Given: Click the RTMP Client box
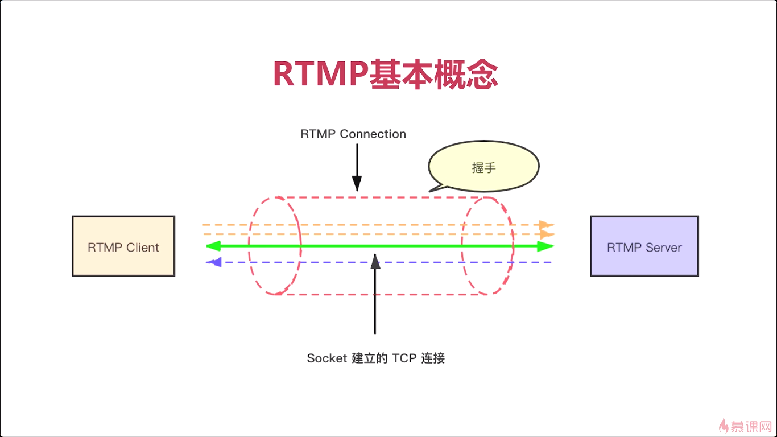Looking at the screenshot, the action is [x=123, y=246].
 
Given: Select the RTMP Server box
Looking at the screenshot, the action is [x=644, y=246].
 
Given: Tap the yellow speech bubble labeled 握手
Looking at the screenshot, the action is [x=483, y=167].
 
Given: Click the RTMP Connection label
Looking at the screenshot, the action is [x=353, y=134].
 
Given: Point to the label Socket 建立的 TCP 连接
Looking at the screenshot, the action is [x=375, y=358].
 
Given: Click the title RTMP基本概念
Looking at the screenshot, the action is [x=386, y=74].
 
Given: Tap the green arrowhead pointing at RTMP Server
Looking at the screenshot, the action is [x=545, y=246].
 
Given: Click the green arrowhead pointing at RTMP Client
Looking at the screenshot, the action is [x=214, y=246].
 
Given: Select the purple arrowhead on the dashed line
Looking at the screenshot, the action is [x=214, y=262].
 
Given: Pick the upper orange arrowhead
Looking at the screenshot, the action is [x=547, y=225].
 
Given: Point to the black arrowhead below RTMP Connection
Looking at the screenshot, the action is [x=357, y=183].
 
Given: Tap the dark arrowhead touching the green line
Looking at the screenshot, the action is [x=375, y=261].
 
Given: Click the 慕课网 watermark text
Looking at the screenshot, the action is [x=751, y=427].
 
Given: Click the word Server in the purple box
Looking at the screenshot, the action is [x=664, y=248].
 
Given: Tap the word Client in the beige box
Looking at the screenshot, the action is [x=142, y=248].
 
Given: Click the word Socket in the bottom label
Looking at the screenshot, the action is [x=326, y=358].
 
